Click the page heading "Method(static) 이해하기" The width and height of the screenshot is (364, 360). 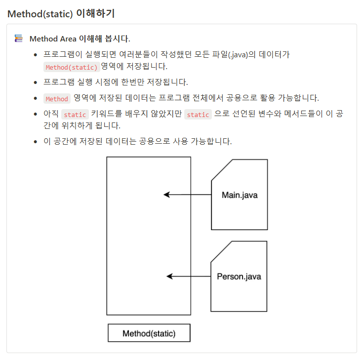[x=61, y=13]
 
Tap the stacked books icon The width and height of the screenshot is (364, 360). [x=19, y=38]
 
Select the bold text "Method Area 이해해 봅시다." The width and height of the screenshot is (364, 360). [x=80, y=39]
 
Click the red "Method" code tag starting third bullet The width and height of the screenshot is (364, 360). [x=57, y=99]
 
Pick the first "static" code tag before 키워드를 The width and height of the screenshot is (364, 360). [x=75, y=115]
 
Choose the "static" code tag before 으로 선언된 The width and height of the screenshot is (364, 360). [x=198, y=115]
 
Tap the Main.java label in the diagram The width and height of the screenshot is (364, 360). [x=240, y=195]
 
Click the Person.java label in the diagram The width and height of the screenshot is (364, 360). [x=239, y=277]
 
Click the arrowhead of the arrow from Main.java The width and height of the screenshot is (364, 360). [x=166, y=195]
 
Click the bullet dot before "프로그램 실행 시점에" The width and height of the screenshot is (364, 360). [x=35, y=82]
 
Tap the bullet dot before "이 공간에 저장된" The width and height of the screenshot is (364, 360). [x=35, y=142]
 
